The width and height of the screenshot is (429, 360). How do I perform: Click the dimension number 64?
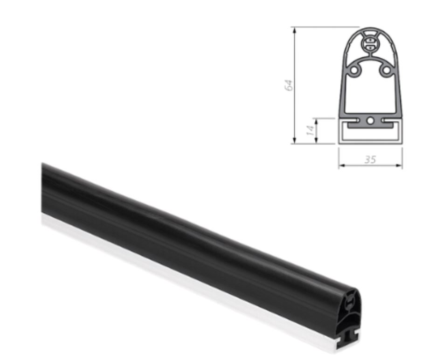coord(289,85)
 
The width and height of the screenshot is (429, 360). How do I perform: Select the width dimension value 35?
coord(370,159)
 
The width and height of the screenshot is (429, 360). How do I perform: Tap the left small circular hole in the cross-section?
coord(354,70)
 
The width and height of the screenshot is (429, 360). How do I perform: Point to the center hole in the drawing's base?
coord(370,121)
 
